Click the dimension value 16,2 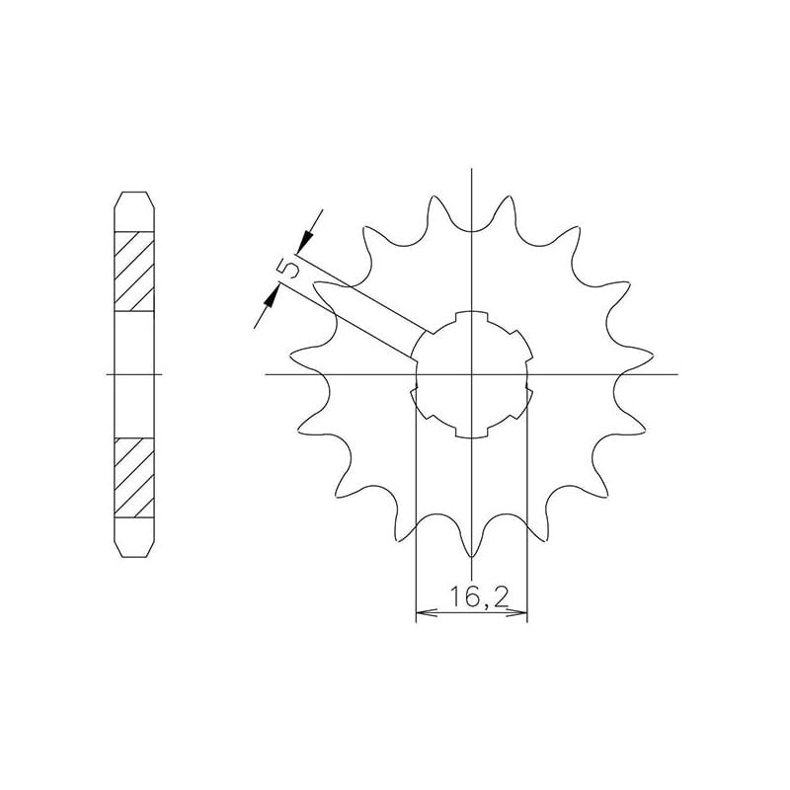click(x=472, y=597)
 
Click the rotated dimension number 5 click(x=287, y=269)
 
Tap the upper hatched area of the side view click(x=135, y=270)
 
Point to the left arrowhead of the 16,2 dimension click(x=423, y=615)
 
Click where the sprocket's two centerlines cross click(x=473, y=375)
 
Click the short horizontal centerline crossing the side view click(x=135, y=375)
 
